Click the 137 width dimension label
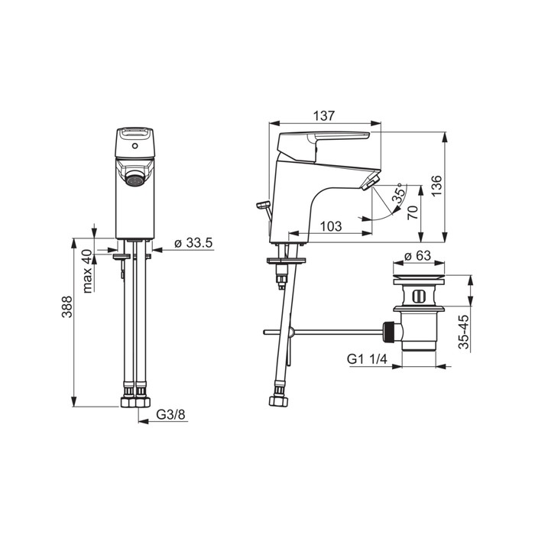[324, 115]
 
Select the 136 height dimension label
[436, 186]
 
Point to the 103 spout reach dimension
[331, 226]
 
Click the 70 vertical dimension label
[413, 212]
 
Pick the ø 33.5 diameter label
[193, 243]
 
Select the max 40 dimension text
[87, 271]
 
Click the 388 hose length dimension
[67, 306]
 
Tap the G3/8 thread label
[170, 414]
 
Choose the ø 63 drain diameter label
[417, 255]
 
